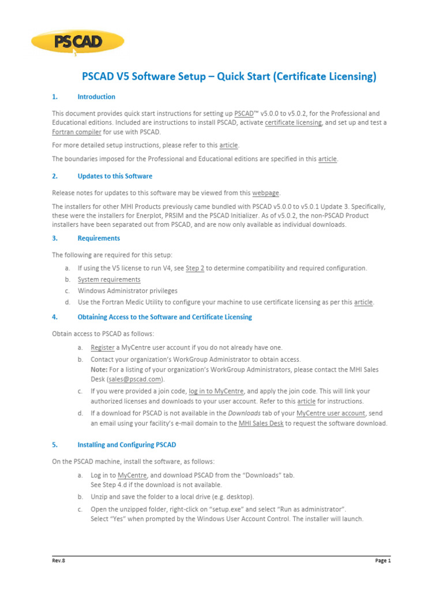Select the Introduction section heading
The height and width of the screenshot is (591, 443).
click(96, 97)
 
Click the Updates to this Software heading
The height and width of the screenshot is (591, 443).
click(115, 176)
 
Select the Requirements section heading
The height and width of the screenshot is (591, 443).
click(99, 238)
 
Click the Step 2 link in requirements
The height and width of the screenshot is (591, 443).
click(195, 268)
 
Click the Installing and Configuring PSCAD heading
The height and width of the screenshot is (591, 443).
click(126, 445)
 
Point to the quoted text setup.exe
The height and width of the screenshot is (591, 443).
click(226, 508)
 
